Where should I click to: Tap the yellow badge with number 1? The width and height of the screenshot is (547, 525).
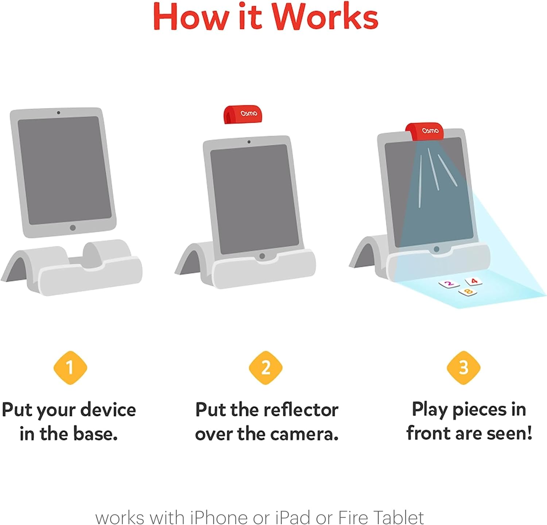pos(70,368)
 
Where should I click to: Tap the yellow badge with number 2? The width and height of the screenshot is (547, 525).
pos(265,368)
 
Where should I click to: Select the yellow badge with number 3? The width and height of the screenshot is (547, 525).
pos(463,368)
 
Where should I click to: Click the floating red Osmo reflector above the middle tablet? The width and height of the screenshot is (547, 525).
pos(243,114)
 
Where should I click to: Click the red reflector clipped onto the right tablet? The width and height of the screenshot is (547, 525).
pos(425,131)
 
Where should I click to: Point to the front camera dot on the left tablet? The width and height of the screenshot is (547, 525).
pos(58,113)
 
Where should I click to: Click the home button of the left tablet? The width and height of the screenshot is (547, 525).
pos(73,228)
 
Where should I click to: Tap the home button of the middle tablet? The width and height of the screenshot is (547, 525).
pos(262,256)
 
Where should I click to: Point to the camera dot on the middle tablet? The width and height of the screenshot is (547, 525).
pos(249,142)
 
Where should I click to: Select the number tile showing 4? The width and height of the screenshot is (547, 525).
pos(474,281)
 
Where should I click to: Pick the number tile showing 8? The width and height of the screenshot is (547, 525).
pos(468,291)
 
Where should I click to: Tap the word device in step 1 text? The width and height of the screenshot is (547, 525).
pos(108,410)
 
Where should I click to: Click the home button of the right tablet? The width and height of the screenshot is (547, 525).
pos(436,249)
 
